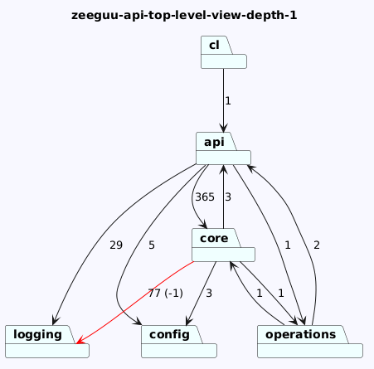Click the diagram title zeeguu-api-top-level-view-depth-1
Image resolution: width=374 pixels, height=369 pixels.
[184, 15]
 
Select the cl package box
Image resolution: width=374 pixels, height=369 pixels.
[224, 52]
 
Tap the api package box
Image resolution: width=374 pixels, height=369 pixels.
[223, 148]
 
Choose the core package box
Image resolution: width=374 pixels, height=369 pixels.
[223, 245]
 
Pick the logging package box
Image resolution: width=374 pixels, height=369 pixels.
[47, 342]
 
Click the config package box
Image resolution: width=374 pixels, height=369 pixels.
[179, 342]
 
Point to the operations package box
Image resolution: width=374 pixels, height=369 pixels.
[310, 342]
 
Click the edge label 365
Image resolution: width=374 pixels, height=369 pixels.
[205, 197]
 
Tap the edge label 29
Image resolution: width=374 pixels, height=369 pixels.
[116, 245]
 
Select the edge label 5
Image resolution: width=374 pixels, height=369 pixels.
[152, 245]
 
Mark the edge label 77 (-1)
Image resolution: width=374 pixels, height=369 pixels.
[165, 293]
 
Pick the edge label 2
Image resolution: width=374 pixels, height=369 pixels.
[317, 245]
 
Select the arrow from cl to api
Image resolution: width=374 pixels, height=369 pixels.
[224, 100]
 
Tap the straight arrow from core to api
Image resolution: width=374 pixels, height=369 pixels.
[224, 197]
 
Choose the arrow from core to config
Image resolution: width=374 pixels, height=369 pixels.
[202, 294]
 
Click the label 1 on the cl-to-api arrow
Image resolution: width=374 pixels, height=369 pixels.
[228, 101]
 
